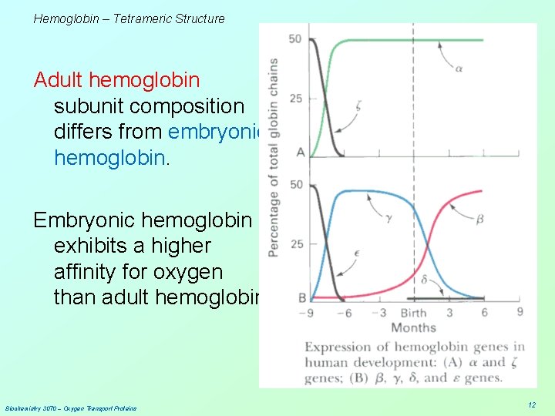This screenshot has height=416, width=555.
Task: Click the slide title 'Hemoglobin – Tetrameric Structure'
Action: click(129, 18)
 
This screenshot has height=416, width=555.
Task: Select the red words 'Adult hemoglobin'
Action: click(116, 79)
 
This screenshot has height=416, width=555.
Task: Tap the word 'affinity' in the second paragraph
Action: click(86, 272)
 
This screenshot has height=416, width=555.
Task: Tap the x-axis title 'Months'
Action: click(413, 327)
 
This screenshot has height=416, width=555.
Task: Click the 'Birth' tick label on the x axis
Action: click(413, 313)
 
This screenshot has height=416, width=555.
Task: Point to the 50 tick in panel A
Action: click(295, 39)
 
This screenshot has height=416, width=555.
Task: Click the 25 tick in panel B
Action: click(295, 244)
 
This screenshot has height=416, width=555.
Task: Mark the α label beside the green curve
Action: click(458, 69)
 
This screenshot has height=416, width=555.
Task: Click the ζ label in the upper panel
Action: click(358, 107)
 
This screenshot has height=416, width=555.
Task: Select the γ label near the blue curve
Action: click(389, 219)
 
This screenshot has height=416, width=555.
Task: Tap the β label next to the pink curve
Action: click(479, 219)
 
